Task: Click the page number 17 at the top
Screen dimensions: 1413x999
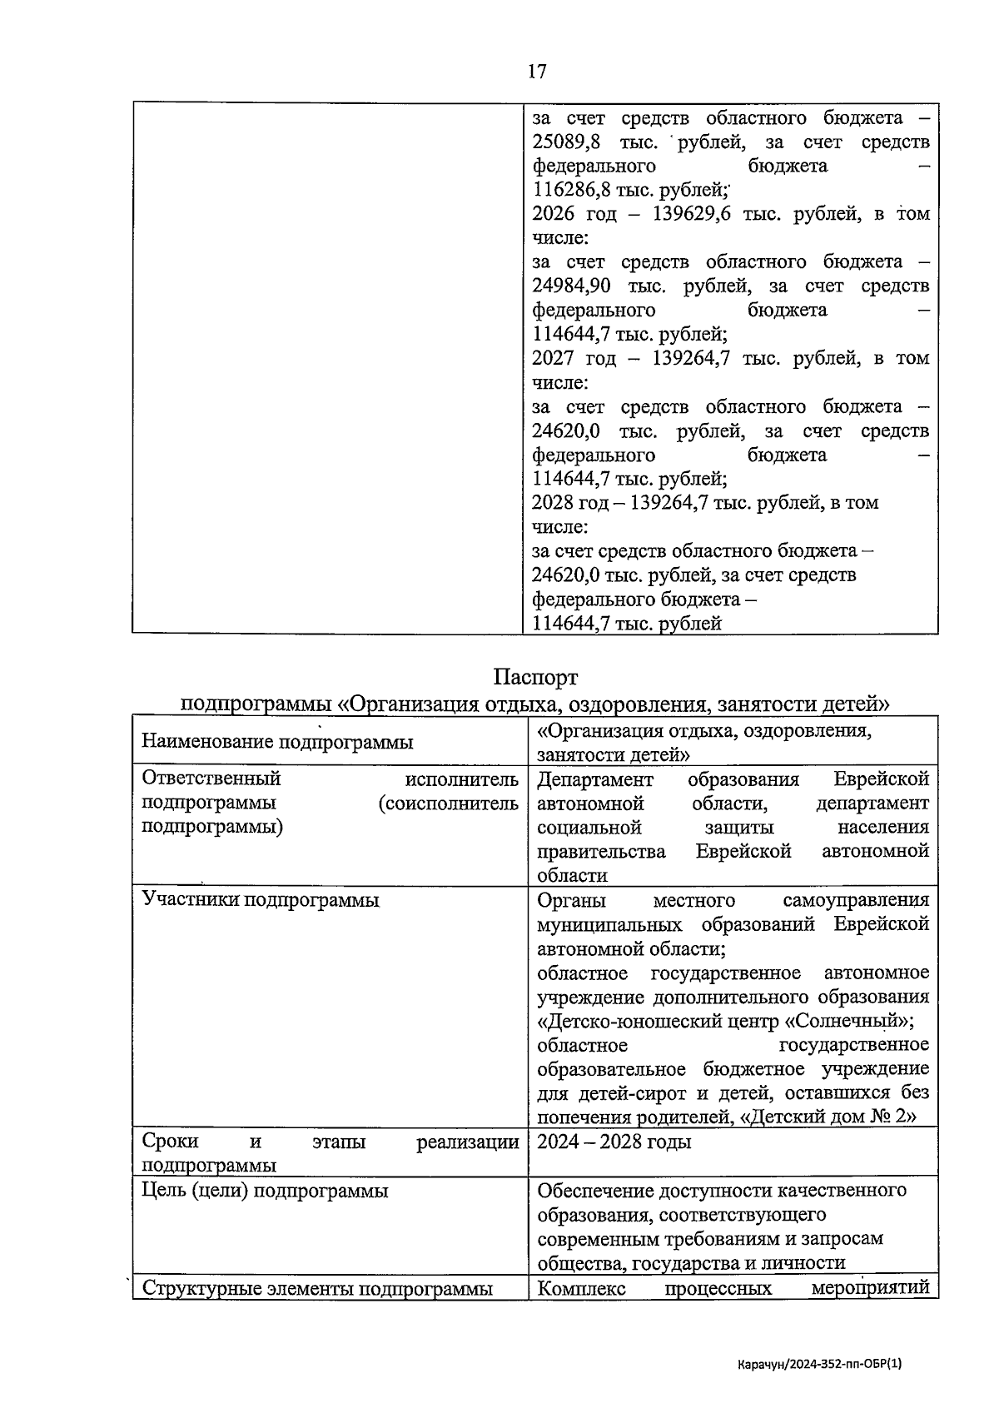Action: [x=537, y=72]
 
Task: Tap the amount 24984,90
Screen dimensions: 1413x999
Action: [x=571, y=286]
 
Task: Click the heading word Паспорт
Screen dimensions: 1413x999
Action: [x=535, y=676]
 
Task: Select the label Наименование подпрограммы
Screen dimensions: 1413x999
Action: [x=277, y=742]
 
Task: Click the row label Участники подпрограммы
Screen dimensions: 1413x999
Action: [x=261, y=900]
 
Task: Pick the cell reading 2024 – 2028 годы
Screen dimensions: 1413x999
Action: [x=614, y=1142]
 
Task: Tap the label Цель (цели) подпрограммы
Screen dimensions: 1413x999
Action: [x=265, y=1191]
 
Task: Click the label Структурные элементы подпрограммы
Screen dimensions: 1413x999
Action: [x=317, y=1289]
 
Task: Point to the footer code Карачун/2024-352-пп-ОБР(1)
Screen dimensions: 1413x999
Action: [x=820, y=1365]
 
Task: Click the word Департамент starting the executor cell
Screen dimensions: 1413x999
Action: [x=595, y=780]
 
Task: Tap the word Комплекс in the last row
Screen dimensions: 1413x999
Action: [x=581, y=1289]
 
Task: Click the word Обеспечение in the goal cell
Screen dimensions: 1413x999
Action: [x=596, y=1191]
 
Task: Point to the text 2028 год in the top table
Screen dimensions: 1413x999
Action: [x=573, y=503]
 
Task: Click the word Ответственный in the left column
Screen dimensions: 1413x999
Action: [x=211, y=779]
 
